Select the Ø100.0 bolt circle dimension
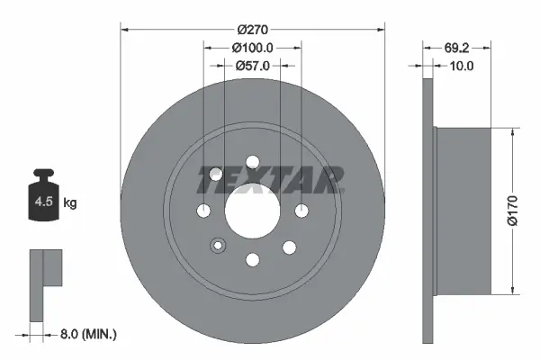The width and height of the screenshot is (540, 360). point(253,47)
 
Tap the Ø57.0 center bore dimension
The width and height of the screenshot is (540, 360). point(253,66)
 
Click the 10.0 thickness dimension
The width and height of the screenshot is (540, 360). point(461,66)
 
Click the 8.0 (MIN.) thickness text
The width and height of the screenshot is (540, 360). point(87,334)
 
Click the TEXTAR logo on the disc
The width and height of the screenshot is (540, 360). point(270,179)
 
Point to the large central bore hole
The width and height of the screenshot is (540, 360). point(252,211)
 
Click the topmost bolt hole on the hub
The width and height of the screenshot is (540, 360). point(252,162)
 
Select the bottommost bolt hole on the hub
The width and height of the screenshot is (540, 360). point(252,260)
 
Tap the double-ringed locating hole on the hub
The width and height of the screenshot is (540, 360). point(217,246)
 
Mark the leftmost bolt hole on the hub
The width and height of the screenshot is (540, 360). point(204,211)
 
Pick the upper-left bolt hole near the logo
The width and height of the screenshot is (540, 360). point(216,175)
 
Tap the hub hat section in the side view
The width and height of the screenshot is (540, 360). point(463,210)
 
